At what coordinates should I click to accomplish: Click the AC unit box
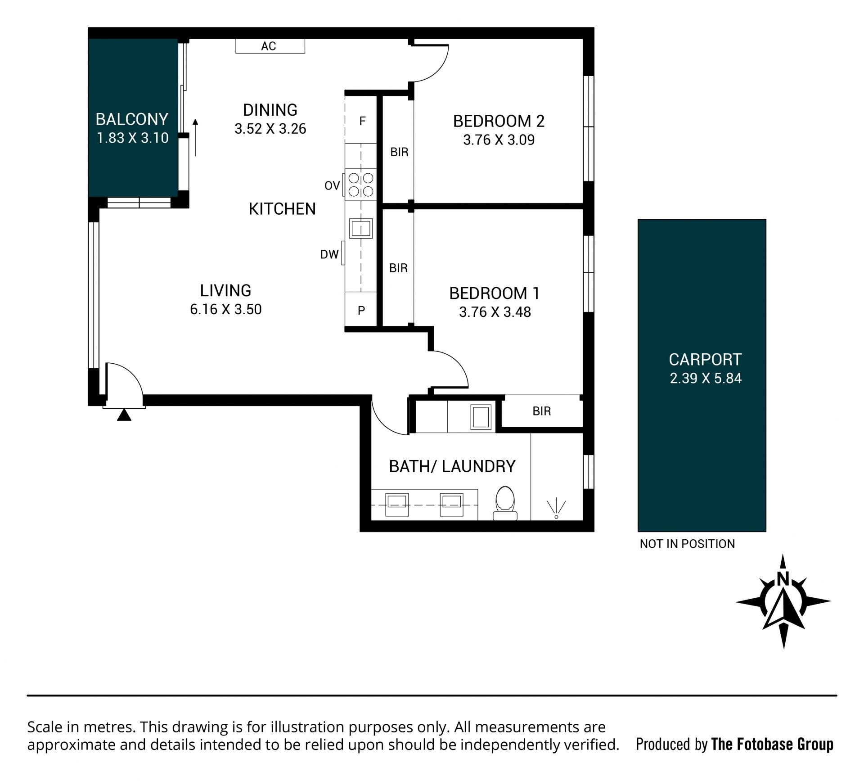(x=270, y=46)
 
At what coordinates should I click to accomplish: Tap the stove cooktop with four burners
(x=361, y=185)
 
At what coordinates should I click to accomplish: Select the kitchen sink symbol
(x=361, y=228)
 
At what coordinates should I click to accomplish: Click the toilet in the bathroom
(x=505, y=503)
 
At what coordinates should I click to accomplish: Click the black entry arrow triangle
(x=124, y=415)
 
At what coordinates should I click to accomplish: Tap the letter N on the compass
(x=783, y=578)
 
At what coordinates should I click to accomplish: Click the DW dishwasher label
(x=329, y=255)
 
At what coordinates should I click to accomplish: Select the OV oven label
(x=332, y=185)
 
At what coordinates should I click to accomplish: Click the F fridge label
(x=362, y=121)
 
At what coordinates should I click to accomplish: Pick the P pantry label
(x=361, y=310)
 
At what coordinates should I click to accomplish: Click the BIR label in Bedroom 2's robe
(x=399, y=152)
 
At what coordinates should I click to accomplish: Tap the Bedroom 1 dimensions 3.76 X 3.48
(x=495, y=312)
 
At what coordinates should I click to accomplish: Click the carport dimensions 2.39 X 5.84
(x=706, y=378)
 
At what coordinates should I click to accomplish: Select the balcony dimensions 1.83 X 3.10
(x=133, y=138)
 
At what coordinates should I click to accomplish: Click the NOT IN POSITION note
(x=687, y=544)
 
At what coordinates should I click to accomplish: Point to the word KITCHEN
(x=282, y=209)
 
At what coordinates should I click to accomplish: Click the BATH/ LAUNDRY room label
(x=452, y=466)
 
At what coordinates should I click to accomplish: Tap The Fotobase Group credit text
(x=772, y=745)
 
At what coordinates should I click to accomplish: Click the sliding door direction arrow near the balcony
(x=195, y=138)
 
